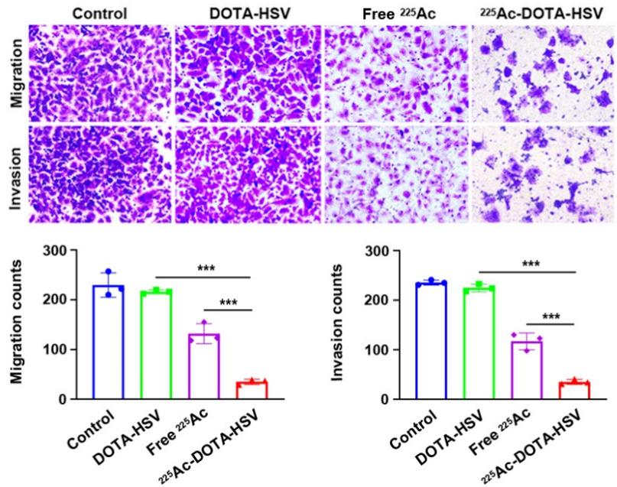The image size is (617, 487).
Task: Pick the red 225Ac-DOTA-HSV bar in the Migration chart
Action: (252, 391)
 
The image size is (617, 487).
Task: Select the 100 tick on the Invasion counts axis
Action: (379, 349)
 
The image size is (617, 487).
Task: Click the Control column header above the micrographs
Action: (97, 13)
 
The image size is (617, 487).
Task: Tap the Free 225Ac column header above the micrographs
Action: (395, 13)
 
